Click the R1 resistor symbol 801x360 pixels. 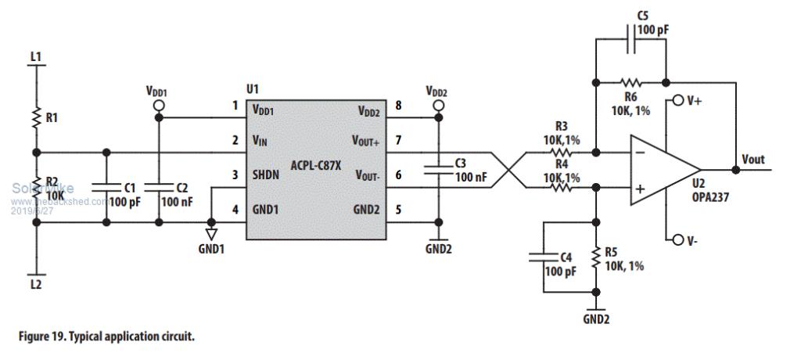click(x=36, y=117)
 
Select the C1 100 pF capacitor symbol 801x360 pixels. click(x=106, y=188)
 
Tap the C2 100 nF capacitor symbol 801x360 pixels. click(x=159, y=188)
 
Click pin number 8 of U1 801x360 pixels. click(x=399, y=106)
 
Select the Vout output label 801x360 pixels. click(x=754, y=160)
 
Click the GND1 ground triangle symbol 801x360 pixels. click(x=210, y=232)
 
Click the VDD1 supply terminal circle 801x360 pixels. click(x=159, y=105)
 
